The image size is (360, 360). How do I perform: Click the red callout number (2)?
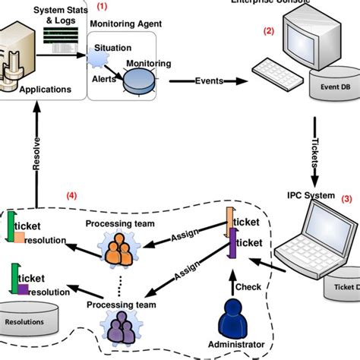click(x=267, y=31)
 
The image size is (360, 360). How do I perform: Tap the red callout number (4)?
click(x=71, y=195)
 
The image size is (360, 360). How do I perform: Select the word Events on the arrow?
click(x=210, y=81)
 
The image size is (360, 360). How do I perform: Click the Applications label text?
click(x=46, y=90)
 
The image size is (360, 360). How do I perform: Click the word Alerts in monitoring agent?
click(x=105, y=78)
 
